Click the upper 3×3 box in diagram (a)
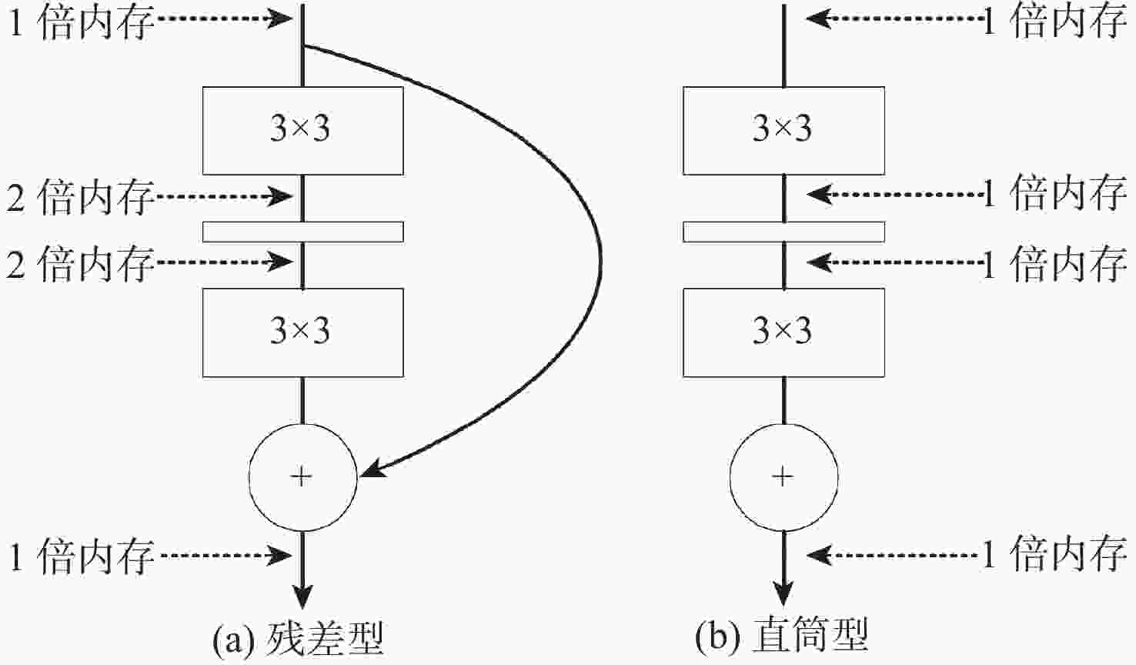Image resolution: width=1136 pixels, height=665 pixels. pos(302,130)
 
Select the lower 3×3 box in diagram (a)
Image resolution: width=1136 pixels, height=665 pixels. pos(302,332)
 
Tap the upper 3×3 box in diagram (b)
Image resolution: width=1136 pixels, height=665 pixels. pos(784,130)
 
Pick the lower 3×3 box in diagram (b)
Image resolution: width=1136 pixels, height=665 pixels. pos(784,332)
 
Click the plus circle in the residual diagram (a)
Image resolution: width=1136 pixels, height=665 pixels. pos(302,477)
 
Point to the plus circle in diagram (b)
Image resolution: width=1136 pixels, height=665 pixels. pos(784,477)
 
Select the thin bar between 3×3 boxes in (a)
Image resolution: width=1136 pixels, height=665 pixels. pos(302,231)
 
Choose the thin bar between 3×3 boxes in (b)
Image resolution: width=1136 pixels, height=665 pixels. pos(784,231)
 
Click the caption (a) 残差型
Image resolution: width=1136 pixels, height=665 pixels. pos(298,638)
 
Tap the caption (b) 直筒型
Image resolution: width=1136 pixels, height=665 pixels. pos(781,637)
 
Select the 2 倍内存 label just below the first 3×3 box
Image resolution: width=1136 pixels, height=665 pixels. pos(80,198)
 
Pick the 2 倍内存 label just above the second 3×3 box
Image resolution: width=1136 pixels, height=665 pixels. pos(80,264)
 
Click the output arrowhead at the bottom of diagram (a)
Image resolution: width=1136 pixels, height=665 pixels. pos(302,596)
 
